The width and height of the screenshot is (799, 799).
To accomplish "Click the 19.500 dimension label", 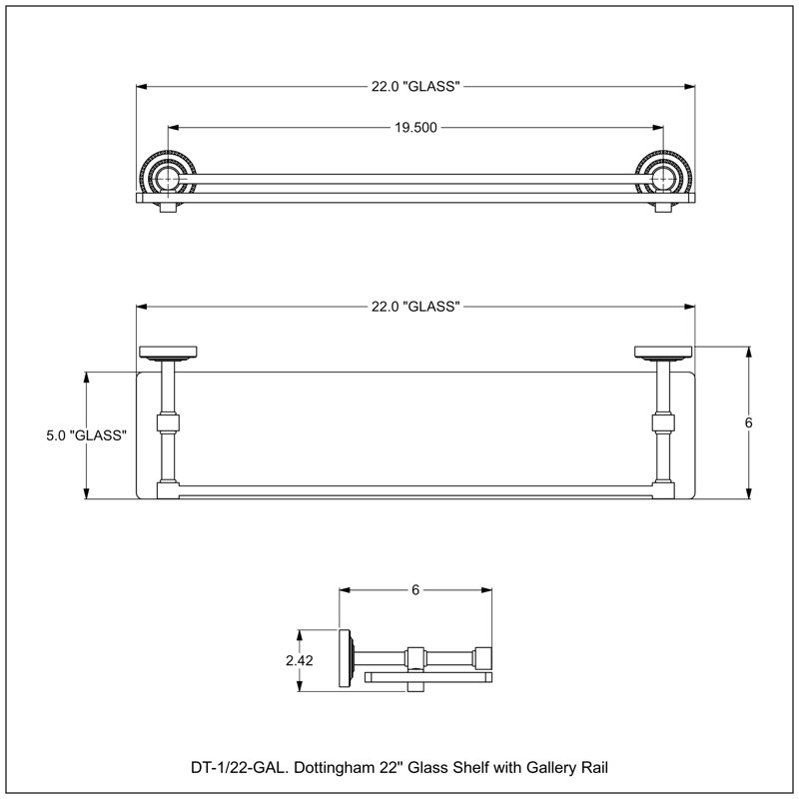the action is coord(415,128).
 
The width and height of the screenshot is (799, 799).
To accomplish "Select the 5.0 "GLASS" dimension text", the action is coord(86,435).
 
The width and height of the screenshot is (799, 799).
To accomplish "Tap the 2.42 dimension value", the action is coord(299,660).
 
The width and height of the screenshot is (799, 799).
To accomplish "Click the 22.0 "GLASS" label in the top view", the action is coord(415,87).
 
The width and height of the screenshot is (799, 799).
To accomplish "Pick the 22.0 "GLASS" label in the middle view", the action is coord(415,307).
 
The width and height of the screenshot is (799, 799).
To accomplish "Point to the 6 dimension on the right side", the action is coord(748,422).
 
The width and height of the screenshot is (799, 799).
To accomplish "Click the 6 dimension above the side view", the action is coord(415,590).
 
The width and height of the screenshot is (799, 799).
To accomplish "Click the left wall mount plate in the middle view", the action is coord(168,352).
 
